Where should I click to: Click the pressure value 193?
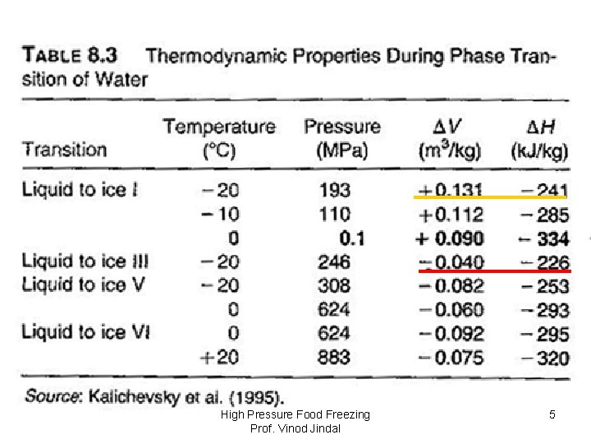pyautogui.click(x=335, y=190)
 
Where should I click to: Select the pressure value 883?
pyautogui.click(x=335, y=358)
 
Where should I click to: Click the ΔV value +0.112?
pyautogui.click(x=451, y=215)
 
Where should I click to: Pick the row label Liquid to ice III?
pyautogui.click(x=85, y=261)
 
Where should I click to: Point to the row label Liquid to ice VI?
pyautogui.click(x=85, y=332)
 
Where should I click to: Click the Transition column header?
pyautogui.click(x=64, y=150)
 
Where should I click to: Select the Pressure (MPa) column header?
pyautogui.click(x=342, y=138)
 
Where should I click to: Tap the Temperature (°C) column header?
pyautogui.click(x=219, y=138)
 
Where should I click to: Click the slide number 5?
pyautogui.click(x=552, y=414)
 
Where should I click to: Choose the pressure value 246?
pyautogui.click(x=335, y=261)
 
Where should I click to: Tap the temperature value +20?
pyautogui.click(x=221, y=358)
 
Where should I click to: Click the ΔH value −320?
pyautogui.click(x=541, y=358)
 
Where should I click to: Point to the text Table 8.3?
pyautogui.click(x=70, y=57)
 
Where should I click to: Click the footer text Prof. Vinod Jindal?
pyautogui.click(x=295, y=429)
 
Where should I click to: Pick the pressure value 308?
pyautogui.click(x=335, y=285)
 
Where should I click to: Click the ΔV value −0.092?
pyautogui.click(x=451, y=333)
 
